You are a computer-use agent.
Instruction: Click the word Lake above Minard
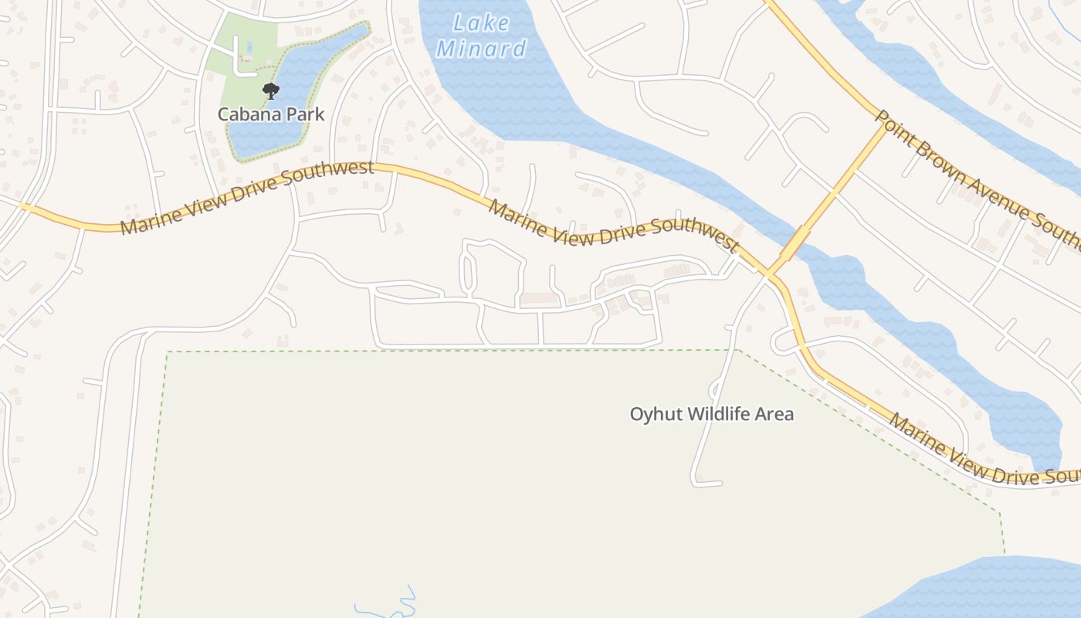click(x=482, y=23)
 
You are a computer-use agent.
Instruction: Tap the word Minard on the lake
click(x=482, y=49)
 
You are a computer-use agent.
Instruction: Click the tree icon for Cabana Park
click(x=270, y=92)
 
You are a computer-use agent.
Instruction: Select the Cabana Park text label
click(x=271, y=114)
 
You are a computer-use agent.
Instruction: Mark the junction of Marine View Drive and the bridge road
click(x=769, y=274)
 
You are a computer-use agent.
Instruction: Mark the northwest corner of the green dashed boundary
click(x=168, y=353)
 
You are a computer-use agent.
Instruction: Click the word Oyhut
click(x=656, y=414)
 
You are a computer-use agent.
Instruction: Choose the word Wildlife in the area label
click(x=720, y=414)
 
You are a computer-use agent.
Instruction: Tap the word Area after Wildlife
click(x=775, y=414)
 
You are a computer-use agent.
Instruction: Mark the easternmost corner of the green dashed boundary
click(x=1000, y=512)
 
